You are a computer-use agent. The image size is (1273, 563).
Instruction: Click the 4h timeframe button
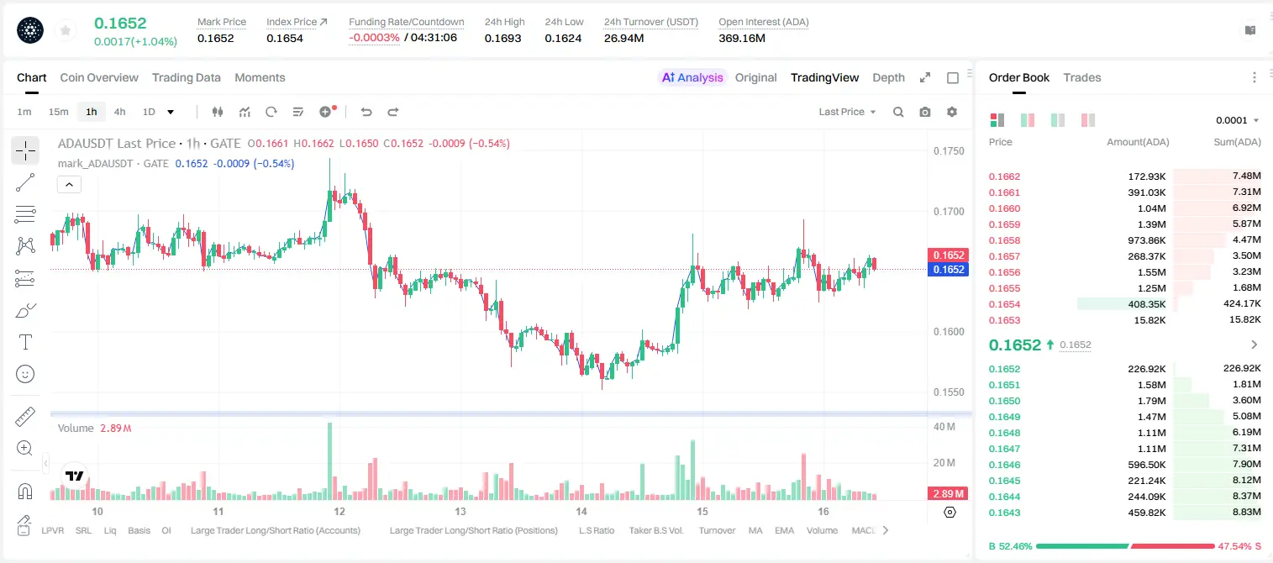(x=119, y=112)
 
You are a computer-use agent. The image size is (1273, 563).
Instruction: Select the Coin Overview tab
(x=99, y=77)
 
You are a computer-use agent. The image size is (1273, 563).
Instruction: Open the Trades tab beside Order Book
(x=1082, y=77)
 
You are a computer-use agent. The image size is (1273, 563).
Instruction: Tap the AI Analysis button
(x=692, y=77)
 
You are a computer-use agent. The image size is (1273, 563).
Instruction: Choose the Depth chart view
(x=888, y=77)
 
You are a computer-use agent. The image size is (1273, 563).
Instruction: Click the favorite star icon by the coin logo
(x=66, y=30)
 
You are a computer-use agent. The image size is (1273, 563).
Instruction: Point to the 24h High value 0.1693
(x=502, y=38)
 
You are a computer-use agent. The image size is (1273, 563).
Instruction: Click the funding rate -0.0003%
(x=374, y=38)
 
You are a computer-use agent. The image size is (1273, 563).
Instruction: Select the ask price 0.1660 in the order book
(x=1004, y=208)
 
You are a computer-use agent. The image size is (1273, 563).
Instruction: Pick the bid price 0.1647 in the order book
(x=1004, y=449)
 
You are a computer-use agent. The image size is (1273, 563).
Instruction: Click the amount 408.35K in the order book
(x=1146, y=304)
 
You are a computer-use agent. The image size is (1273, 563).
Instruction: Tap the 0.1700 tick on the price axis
(x=949, y=212)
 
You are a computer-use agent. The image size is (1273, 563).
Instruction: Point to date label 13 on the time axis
(x=460, y=511)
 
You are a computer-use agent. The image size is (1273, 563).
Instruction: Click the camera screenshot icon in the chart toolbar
(x=924, y=112)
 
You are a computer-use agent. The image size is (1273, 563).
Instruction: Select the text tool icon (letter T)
(x=25, y=343)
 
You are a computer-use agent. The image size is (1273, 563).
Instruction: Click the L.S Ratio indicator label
(x=596, y=530)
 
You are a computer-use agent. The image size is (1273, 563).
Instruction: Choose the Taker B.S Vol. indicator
(x=655, y=530)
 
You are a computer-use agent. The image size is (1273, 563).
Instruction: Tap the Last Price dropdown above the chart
(x=847, y=112)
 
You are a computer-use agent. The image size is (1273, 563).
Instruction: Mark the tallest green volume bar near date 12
(x=329, y=461)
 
